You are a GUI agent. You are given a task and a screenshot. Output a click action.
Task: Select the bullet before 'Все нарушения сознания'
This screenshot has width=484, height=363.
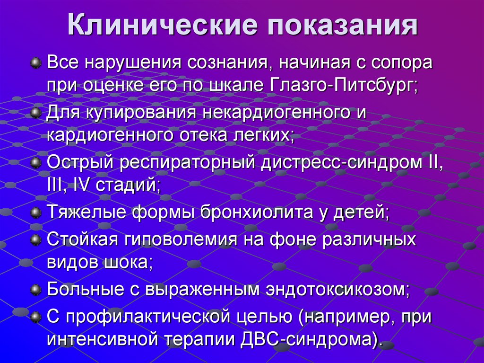[35, 62]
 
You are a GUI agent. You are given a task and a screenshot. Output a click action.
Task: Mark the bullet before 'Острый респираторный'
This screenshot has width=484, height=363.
[35, 163]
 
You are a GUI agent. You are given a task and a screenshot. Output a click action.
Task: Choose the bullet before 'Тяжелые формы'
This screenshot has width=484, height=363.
[35, 213]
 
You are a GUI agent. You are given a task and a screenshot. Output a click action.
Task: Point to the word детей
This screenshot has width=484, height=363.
[364, 213]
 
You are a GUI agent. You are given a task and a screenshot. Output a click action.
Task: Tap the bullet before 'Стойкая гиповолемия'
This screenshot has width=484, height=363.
[35, 239]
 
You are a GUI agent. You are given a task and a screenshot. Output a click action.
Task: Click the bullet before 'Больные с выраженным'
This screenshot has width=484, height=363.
[35, 289]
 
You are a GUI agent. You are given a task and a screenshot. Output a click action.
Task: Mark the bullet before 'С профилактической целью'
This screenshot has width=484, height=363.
[35, 316]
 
